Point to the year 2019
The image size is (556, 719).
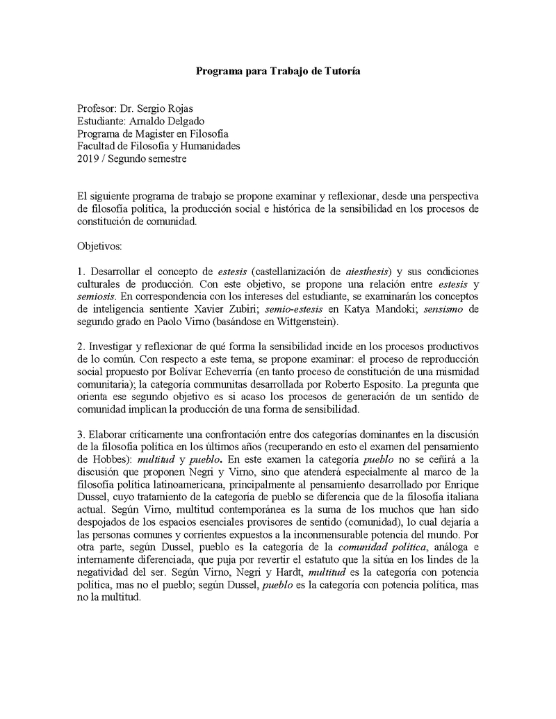tap(88, 158)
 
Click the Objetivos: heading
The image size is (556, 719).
tap(99, 246)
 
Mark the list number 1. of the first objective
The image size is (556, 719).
tap(81, 271)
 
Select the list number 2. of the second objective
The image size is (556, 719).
tap(81, 346)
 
